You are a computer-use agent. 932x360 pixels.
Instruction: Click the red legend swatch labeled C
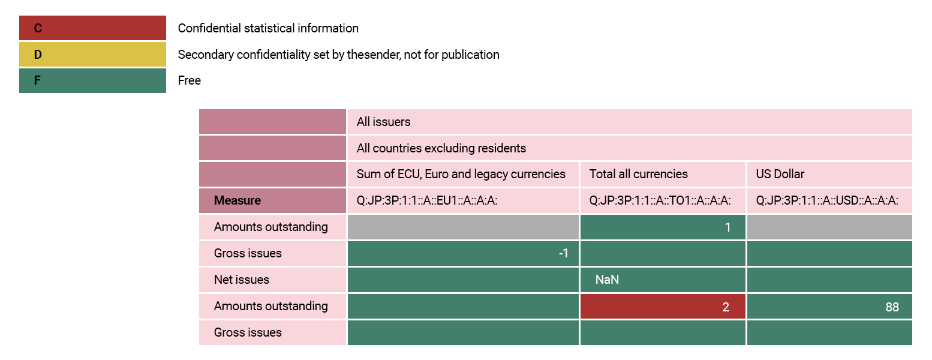tap(92, 28)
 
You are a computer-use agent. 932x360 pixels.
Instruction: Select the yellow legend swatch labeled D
tap(92, 55)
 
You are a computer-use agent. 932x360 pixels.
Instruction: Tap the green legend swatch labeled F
tap(92, 80)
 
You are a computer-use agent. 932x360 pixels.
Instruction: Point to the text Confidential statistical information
tap(268, 28)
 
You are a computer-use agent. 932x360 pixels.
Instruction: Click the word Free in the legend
tap(190, 80)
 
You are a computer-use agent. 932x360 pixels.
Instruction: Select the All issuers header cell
tap(384, 122)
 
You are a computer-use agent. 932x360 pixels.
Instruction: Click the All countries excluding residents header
tap(441, 148)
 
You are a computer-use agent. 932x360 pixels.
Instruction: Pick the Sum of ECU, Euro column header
tap(461, 174)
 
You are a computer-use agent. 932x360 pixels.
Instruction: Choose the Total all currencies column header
tap(639, 174)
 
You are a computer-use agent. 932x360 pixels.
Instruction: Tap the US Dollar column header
tap(780, 174)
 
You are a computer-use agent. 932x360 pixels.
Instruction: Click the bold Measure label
tap(237, 200)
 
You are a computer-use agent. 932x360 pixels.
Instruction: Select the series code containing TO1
tap(660, 200)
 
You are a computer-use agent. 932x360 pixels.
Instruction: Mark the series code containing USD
tap(827, 200)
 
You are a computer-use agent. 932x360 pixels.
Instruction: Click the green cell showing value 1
tap(663, 227)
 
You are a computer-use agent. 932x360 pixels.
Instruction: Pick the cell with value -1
tap(463, 253)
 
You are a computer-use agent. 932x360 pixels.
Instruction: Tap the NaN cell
tap(663, 280)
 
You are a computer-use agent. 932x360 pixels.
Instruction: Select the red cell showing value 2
tap(663, 307)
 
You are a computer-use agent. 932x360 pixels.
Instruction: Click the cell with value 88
tap(829, 307)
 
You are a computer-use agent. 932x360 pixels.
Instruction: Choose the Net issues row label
tap(242, 280)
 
